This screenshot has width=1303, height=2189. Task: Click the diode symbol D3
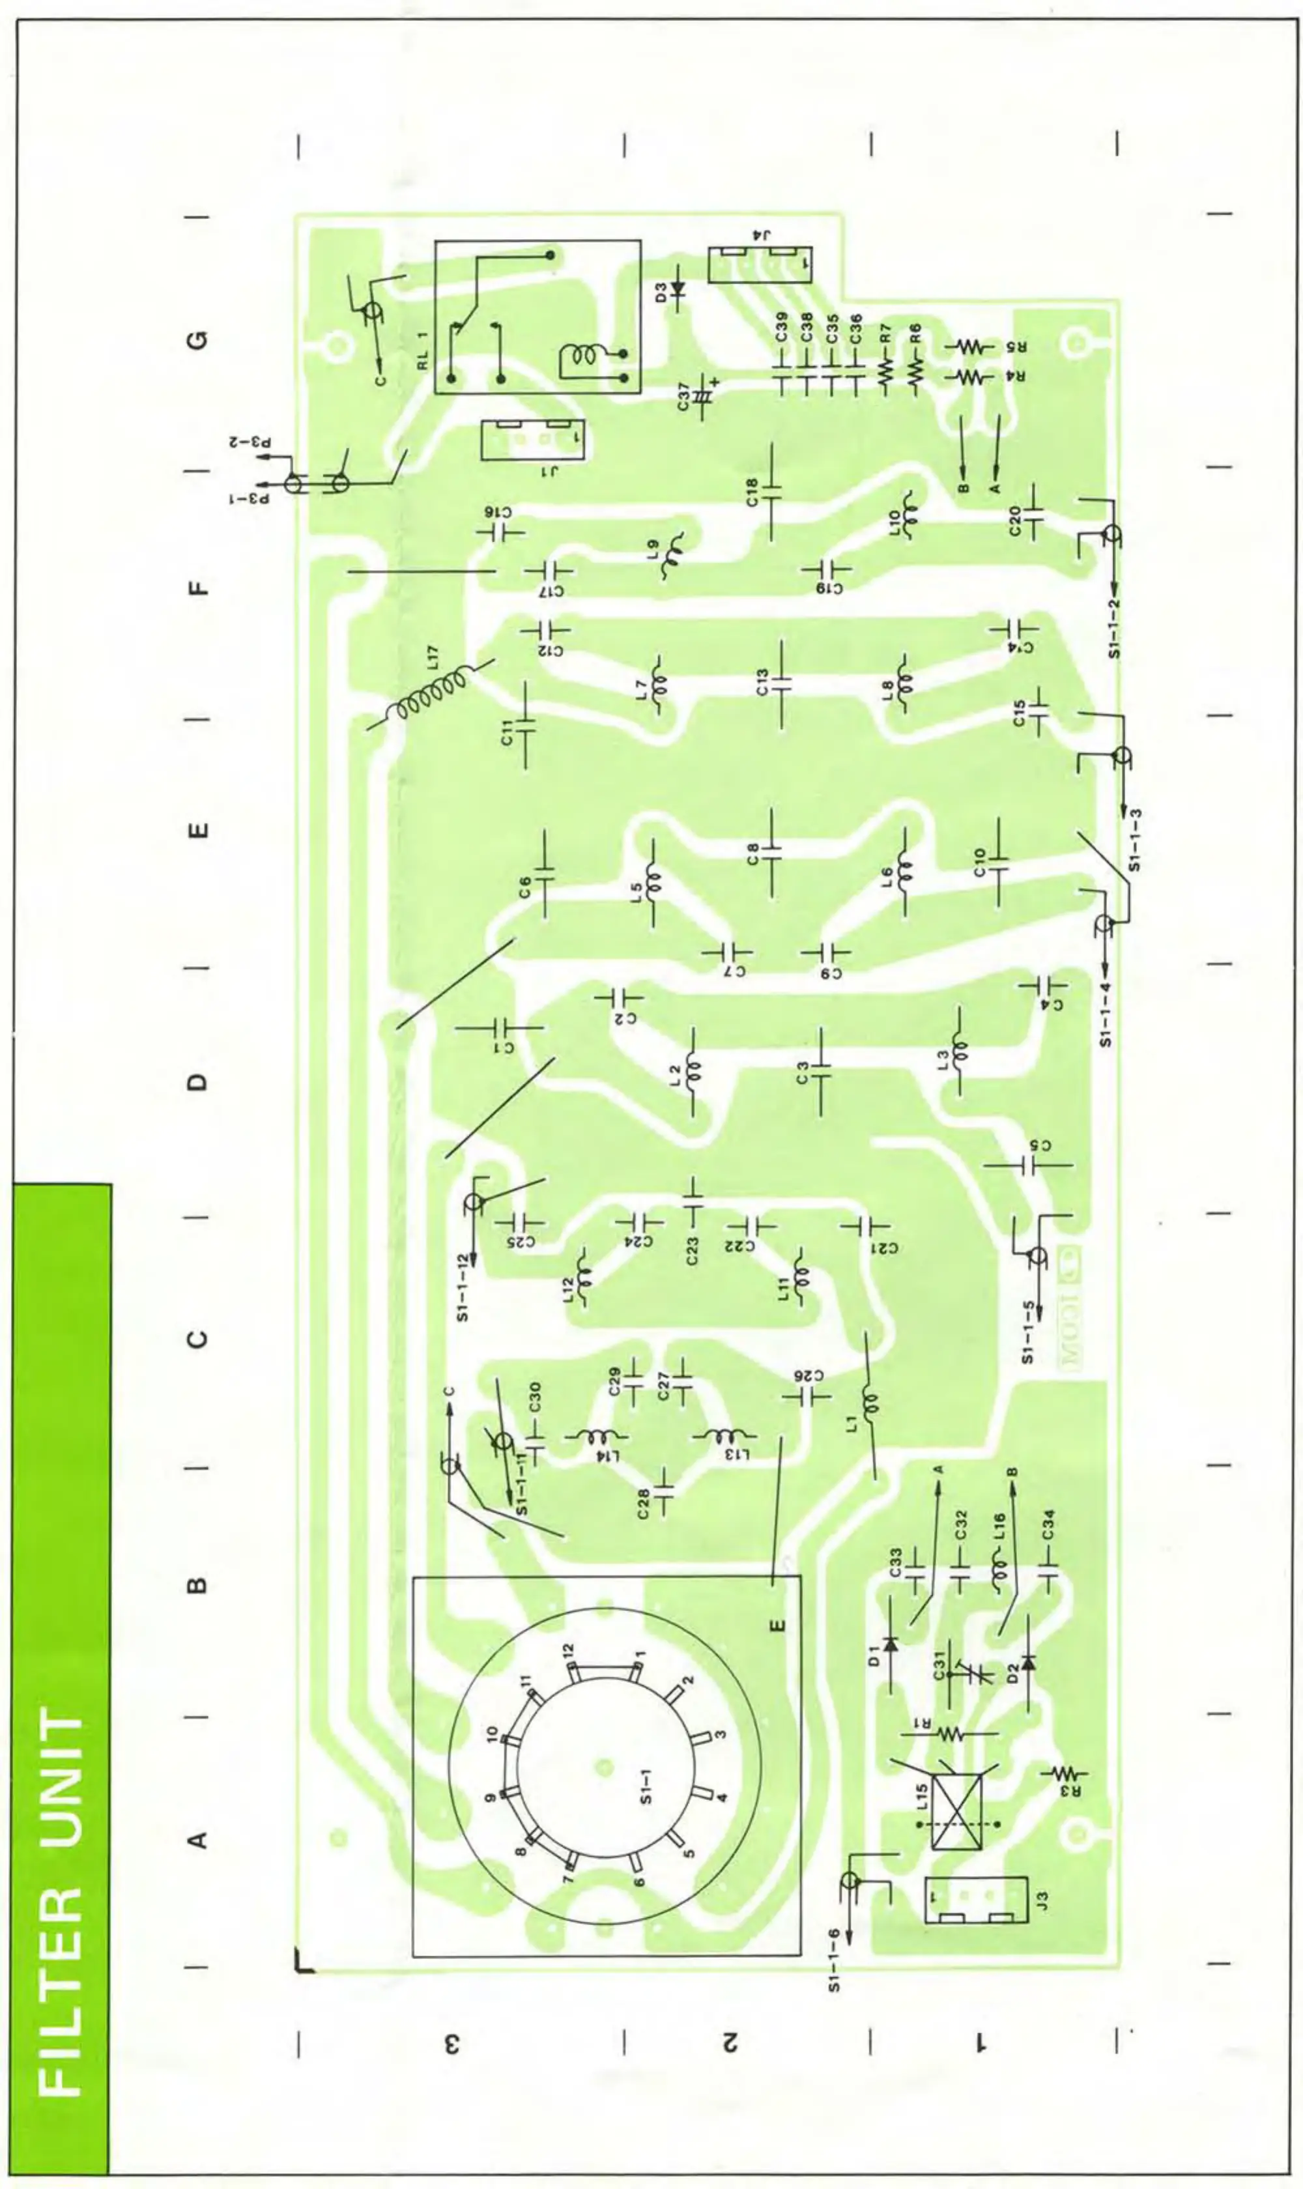pyautogui.click(x=678, y=289)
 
